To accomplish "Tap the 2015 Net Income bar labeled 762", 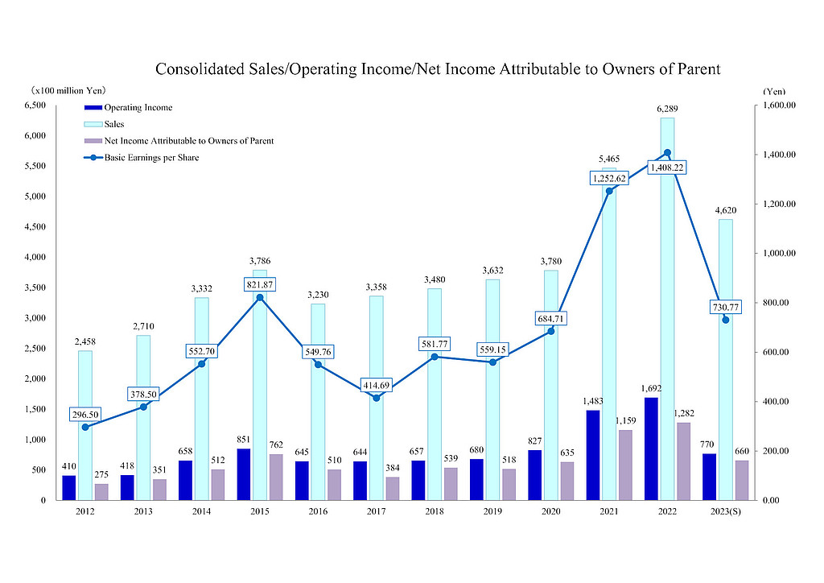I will (x=277, y=477).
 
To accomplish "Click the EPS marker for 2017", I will (x=377, y=397).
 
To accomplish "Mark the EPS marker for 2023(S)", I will (x=726, y=320).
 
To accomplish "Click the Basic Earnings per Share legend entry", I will (x=151, y=158).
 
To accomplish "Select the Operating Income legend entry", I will (x=138, y=107).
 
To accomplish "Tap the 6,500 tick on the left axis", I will (x=33, y=105).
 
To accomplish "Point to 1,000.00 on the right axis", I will (x=779, y=253).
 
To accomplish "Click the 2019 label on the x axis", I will (x=493, y=511).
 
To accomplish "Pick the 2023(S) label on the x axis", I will (x=726, y=511).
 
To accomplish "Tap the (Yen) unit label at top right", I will (x=774, y=91).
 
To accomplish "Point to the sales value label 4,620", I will (x=726, y=212).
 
